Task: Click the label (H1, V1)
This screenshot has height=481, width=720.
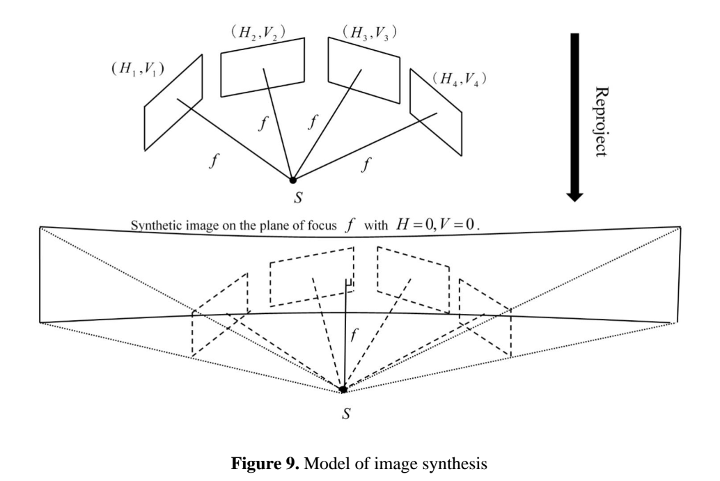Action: point(134,68)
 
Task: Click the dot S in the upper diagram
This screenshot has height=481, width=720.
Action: point(292,180)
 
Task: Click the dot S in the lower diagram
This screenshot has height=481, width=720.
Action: point(343,389)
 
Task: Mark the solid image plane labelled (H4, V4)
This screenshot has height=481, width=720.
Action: point(435,104)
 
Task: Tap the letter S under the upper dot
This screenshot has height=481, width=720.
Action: point(298,198)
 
